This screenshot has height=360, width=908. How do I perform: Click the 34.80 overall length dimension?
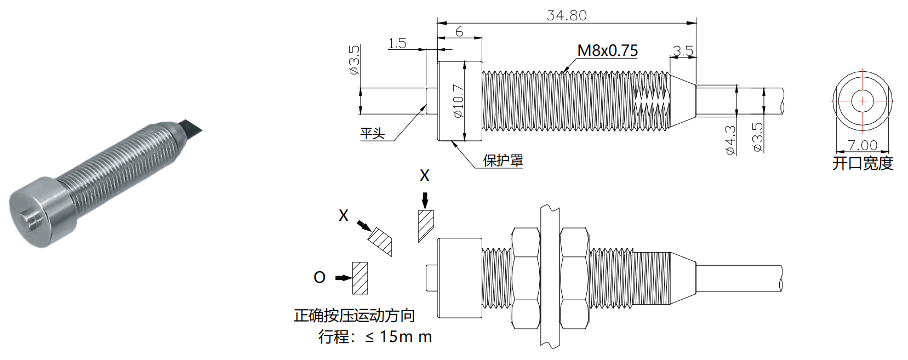(x=567, y=15)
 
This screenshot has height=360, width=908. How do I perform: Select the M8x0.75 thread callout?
(x=608, y=51)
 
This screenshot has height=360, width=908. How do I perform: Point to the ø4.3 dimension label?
(x=730, y=140)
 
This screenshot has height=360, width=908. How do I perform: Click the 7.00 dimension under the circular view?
(x=862, y=145)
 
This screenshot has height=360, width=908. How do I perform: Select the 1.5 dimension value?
(x=397, y=43)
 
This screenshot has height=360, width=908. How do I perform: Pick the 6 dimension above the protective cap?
(x=459, y=32)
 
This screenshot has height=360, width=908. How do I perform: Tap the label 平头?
(x=373, y=133)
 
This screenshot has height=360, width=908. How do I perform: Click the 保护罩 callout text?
(x=503, y=160)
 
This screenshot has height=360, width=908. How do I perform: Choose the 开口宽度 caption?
(x=863, y=163)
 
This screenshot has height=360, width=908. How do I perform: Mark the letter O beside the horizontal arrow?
(x=319, y=278)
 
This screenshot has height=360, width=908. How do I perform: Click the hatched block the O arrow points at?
(x=360, y=278)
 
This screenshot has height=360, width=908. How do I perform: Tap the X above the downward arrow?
(x=425, y=176)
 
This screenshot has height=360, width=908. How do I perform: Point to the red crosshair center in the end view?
(x=863, y=101)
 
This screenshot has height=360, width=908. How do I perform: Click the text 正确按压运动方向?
(x=354, y=316)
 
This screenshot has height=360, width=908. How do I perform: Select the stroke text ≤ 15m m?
(x=398, y=336)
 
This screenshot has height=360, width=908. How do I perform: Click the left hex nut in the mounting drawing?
(x=526, y=278)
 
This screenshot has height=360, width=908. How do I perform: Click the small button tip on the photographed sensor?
(x=31, y=219)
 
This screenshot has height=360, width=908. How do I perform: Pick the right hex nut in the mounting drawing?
(x=574, y=278)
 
